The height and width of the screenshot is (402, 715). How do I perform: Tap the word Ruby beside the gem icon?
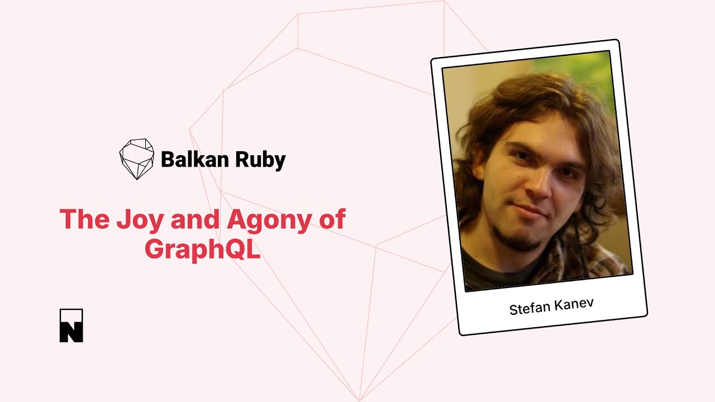[261, 160]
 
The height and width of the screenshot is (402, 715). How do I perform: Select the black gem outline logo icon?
[137, 159]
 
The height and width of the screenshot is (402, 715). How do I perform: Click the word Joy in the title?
[140, 219]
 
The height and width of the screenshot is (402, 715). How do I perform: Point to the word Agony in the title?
[269, 219]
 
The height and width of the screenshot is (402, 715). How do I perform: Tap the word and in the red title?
[195, 219]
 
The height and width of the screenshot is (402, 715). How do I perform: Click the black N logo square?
[71, 326]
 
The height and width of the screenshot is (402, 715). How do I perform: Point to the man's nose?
[539, 185]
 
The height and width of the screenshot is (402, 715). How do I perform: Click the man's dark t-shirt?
[498, 271]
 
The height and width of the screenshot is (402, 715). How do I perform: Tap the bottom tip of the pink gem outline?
[359, 400]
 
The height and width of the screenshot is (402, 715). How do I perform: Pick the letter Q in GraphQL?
[234, 249]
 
